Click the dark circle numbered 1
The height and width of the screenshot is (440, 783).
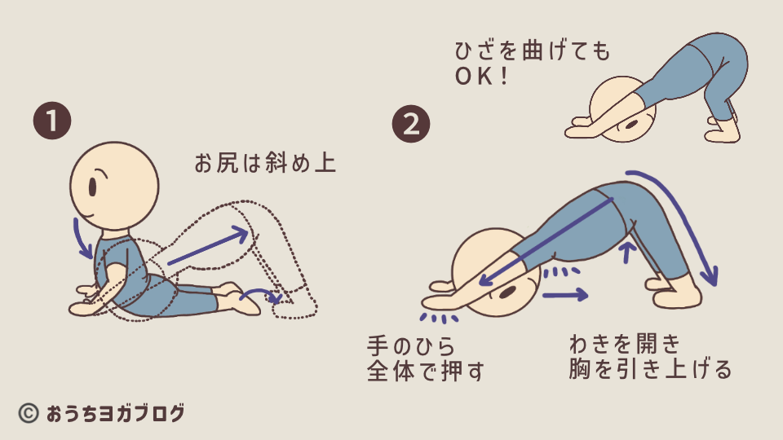(x=52, y=121)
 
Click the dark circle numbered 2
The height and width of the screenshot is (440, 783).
(x=411, y=124)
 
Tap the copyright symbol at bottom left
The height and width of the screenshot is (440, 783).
(x=29, y=413)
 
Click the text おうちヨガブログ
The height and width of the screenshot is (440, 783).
(x=115, y=414)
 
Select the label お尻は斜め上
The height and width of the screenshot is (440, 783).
(x=265, y=163)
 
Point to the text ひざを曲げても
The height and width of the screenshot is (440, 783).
(x=533, y=51)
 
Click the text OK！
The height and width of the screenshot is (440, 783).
(x=481, y=77)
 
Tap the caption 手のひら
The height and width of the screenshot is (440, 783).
(x=411, y=345)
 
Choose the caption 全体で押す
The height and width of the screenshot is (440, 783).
(x=426, y=372)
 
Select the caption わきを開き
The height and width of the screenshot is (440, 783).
(x=625, y=344)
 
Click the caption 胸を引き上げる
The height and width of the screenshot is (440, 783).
(x=650, y=369)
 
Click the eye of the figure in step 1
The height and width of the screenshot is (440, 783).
(x=93, y=187)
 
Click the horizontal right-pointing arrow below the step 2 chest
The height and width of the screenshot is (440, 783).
(x=565, y=295)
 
